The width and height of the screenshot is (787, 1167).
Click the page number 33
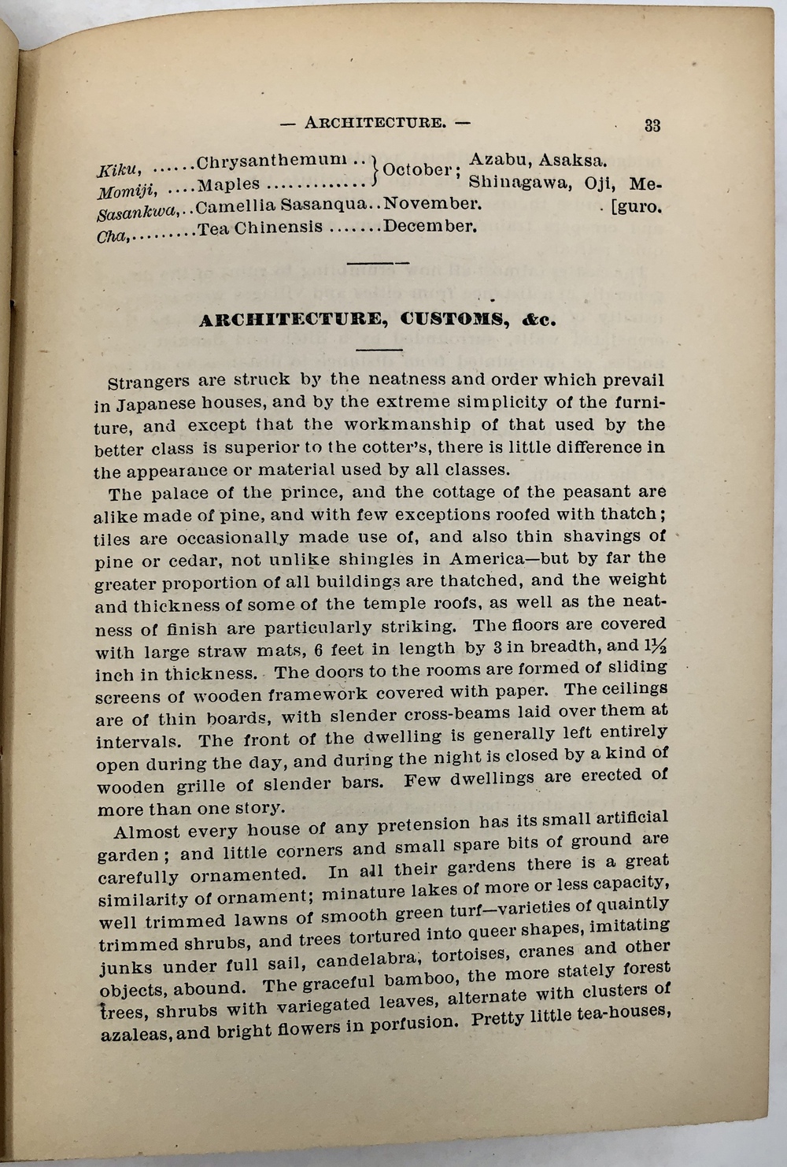(652, 125)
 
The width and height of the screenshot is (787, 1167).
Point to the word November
(431, 204)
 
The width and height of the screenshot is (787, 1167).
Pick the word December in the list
(430, 227)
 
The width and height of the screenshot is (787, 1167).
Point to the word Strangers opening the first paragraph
(148, 383)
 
